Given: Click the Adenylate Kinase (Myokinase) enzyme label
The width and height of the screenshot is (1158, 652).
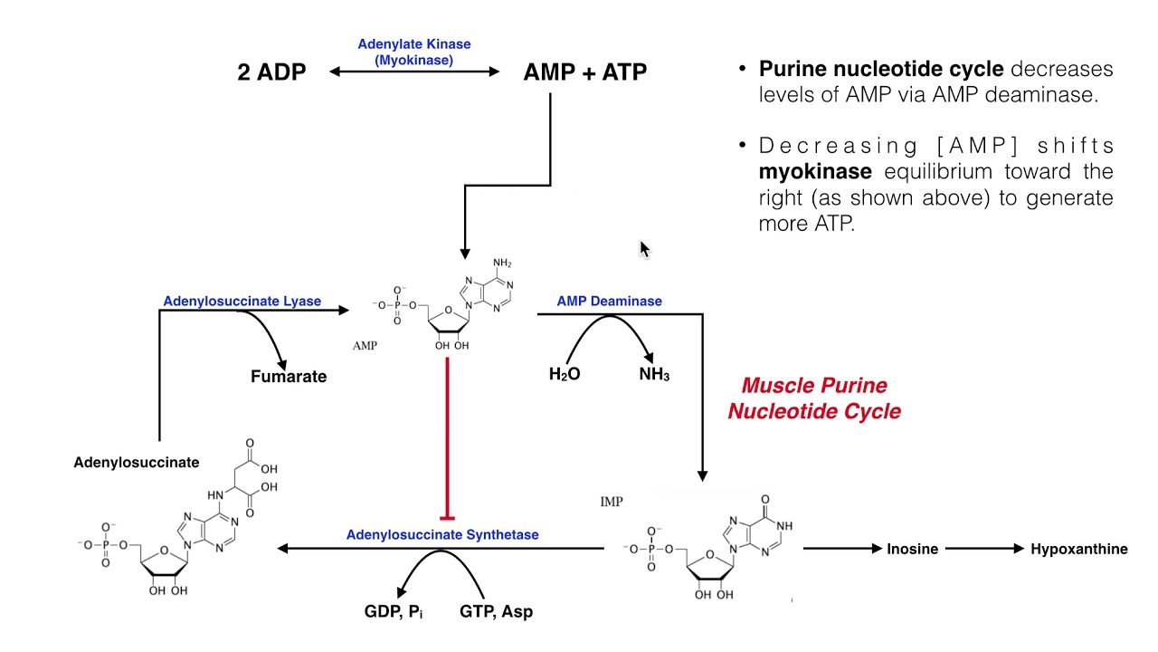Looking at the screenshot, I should [414, 52].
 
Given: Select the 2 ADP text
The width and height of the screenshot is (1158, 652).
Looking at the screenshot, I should [271, 72].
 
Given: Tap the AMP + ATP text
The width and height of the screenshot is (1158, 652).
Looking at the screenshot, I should [584, 72].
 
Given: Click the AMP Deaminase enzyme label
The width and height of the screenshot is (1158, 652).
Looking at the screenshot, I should [609, 301].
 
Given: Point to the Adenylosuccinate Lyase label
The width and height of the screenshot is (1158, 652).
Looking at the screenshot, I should [242, 301].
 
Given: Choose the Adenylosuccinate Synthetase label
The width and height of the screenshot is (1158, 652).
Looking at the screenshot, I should [442, 534].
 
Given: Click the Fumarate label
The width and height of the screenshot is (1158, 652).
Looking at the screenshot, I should [289, 376].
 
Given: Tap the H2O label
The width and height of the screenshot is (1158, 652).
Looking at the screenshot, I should [565, 374].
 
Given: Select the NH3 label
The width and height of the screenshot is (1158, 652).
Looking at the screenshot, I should [654, 374].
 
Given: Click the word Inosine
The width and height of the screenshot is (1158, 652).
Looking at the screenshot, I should [912, 549].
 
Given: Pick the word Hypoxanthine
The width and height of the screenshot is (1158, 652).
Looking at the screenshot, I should [1078, 549].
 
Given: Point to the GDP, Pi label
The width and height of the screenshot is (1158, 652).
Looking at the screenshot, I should [394, 611].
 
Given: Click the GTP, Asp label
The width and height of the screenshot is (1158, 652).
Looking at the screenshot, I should [496, 611].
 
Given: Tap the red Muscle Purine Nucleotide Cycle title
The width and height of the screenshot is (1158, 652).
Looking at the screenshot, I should [814, 398].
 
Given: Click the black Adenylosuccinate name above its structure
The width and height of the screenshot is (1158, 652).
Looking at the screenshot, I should [136, 462].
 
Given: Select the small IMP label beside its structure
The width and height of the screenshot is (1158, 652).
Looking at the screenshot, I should [612, 502].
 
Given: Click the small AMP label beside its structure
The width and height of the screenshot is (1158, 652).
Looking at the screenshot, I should [365, 346].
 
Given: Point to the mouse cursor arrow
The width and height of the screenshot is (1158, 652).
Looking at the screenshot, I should [644, 249].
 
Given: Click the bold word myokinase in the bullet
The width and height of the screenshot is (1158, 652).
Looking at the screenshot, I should [815, 172].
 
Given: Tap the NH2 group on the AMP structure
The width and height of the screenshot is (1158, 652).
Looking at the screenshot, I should [502, 264].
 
